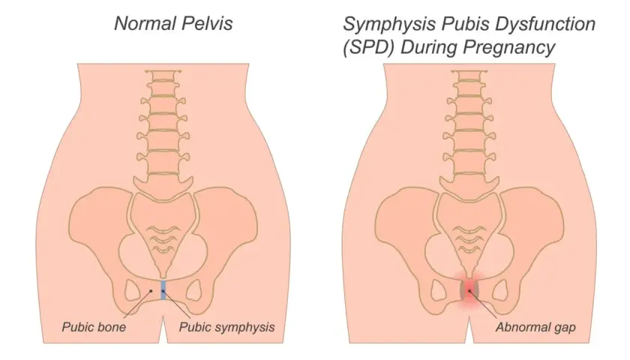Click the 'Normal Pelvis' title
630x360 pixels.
tap(173, 24)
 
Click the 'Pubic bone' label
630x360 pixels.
tap(94, 327)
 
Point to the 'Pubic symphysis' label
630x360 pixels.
tap(226, 327)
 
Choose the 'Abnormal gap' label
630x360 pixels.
tap(535, 328)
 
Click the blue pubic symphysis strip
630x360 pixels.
tap(163, 290)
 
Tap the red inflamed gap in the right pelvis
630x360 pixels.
tap(469, 290)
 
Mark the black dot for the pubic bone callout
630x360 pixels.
tap(151, 290)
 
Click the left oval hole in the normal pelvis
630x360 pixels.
tap(131, 290)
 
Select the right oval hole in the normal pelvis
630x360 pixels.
tap(194, 290)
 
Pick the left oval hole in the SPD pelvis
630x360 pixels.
tap(437, 290)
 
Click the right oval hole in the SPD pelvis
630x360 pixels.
tap(500, 290)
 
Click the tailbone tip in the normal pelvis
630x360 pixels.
tap(163, 277)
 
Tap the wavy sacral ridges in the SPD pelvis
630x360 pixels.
tap(469, 240)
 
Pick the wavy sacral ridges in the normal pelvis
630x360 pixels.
tap(163, 240)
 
